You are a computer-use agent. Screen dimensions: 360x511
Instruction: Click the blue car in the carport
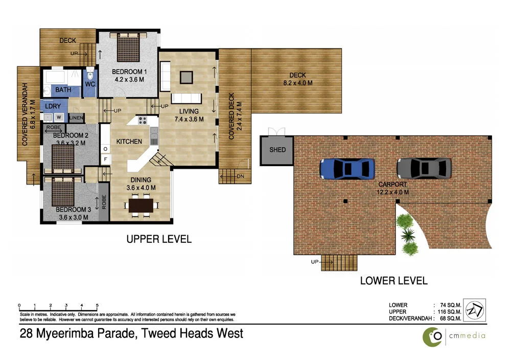point(346,168)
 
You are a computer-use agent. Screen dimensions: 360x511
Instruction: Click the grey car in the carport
point(424,167)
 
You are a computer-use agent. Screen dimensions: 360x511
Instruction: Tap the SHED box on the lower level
point(277,150)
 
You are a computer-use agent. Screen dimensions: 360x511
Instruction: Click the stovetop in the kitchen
point(142,121)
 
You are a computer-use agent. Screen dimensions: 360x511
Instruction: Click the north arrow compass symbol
point(475,310)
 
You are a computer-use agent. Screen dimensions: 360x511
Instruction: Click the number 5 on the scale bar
point(97,304)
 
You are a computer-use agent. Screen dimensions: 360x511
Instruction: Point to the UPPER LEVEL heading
point(159,239)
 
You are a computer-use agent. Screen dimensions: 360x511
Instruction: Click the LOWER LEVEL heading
point(393,280)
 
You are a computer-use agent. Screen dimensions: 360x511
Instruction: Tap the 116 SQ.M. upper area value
point(448,311)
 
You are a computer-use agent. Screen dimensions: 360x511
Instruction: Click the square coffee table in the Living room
point(186,77)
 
